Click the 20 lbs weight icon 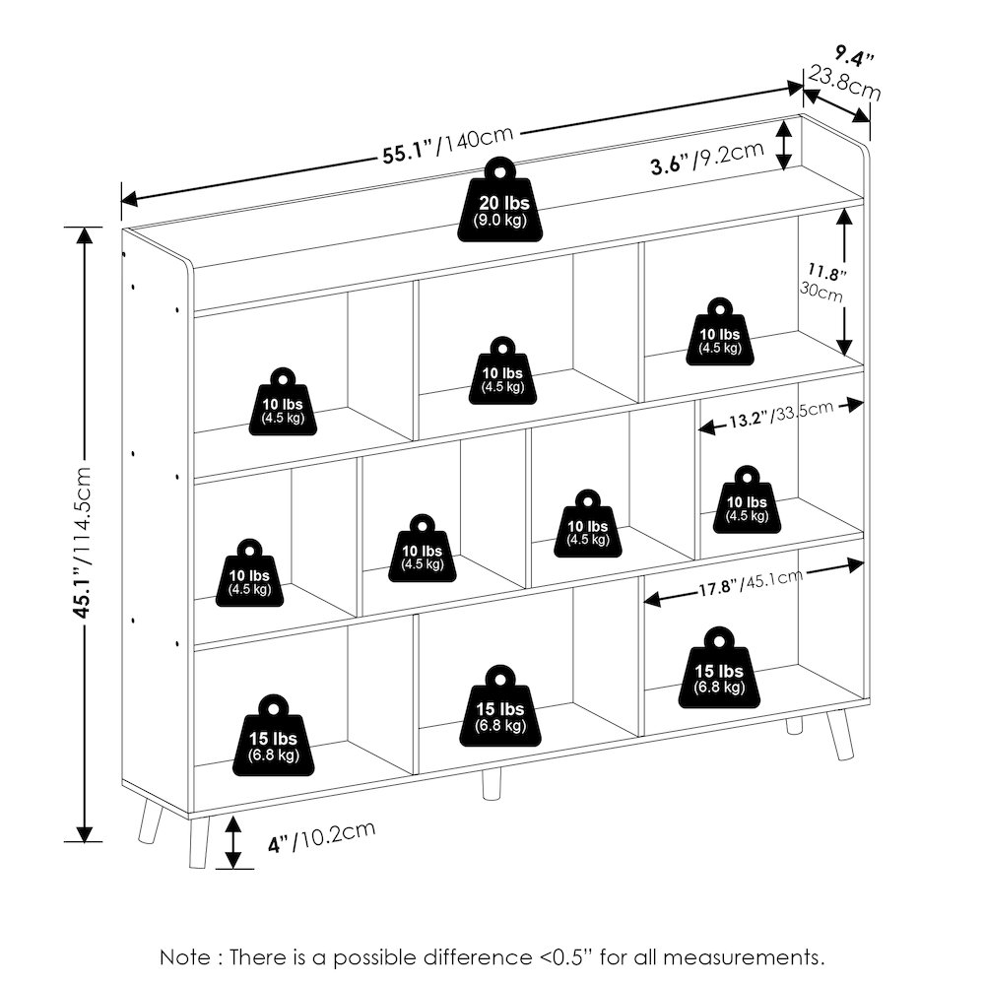(x=500, y=200)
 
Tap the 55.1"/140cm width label (x=448, y=145)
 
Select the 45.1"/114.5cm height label (x=83, y=542)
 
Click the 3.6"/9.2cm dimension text (x=707, y=157)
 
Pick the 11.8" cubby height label (x=826, y=273)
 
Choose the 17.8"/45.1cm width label (x=751, y=583)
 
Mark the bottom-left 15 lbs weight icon (x=273, y=735)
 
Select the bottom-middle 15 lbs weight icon (x=500, y=706)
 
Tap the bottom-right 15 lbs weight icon (x=719, y=668)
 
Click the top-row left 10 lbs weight (x=283, y=402)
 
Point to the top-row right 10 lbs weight (x=720, y=332)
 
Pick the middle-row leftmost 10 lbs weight (x=249, y=573)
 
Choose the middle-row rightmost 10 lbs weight (x=747, y=500)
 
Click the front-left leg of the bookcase (x=199, y=842)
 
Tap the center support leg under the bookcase (x=492, y=784)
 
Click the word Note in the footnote (x=185, y=957)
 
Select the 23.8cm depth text (x=844, y=83)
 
